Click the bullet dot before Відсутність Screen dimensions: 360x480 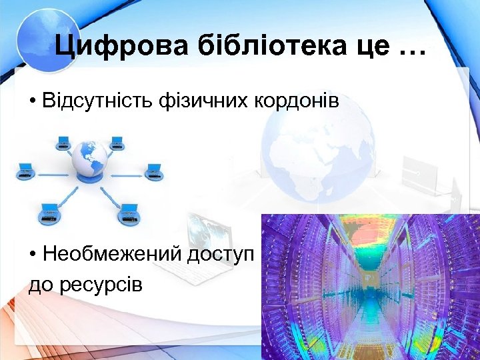pyautogui.click(x=32, y=101)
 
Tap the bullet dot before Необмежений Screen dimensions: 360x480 pyautogui.click(x=32, y=255)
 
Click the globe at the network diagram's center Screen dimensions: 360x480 pyautogui.click(x=89, y=159)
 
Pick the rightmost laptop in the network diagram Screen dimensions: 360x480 pyautogui.click(x=154, y=169)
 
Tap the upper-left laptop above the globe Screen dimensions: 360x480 pyautogui.click(x=63, y=141)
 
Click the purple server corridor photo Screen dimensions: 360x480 pyautogui.click(x=370, y=287)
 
